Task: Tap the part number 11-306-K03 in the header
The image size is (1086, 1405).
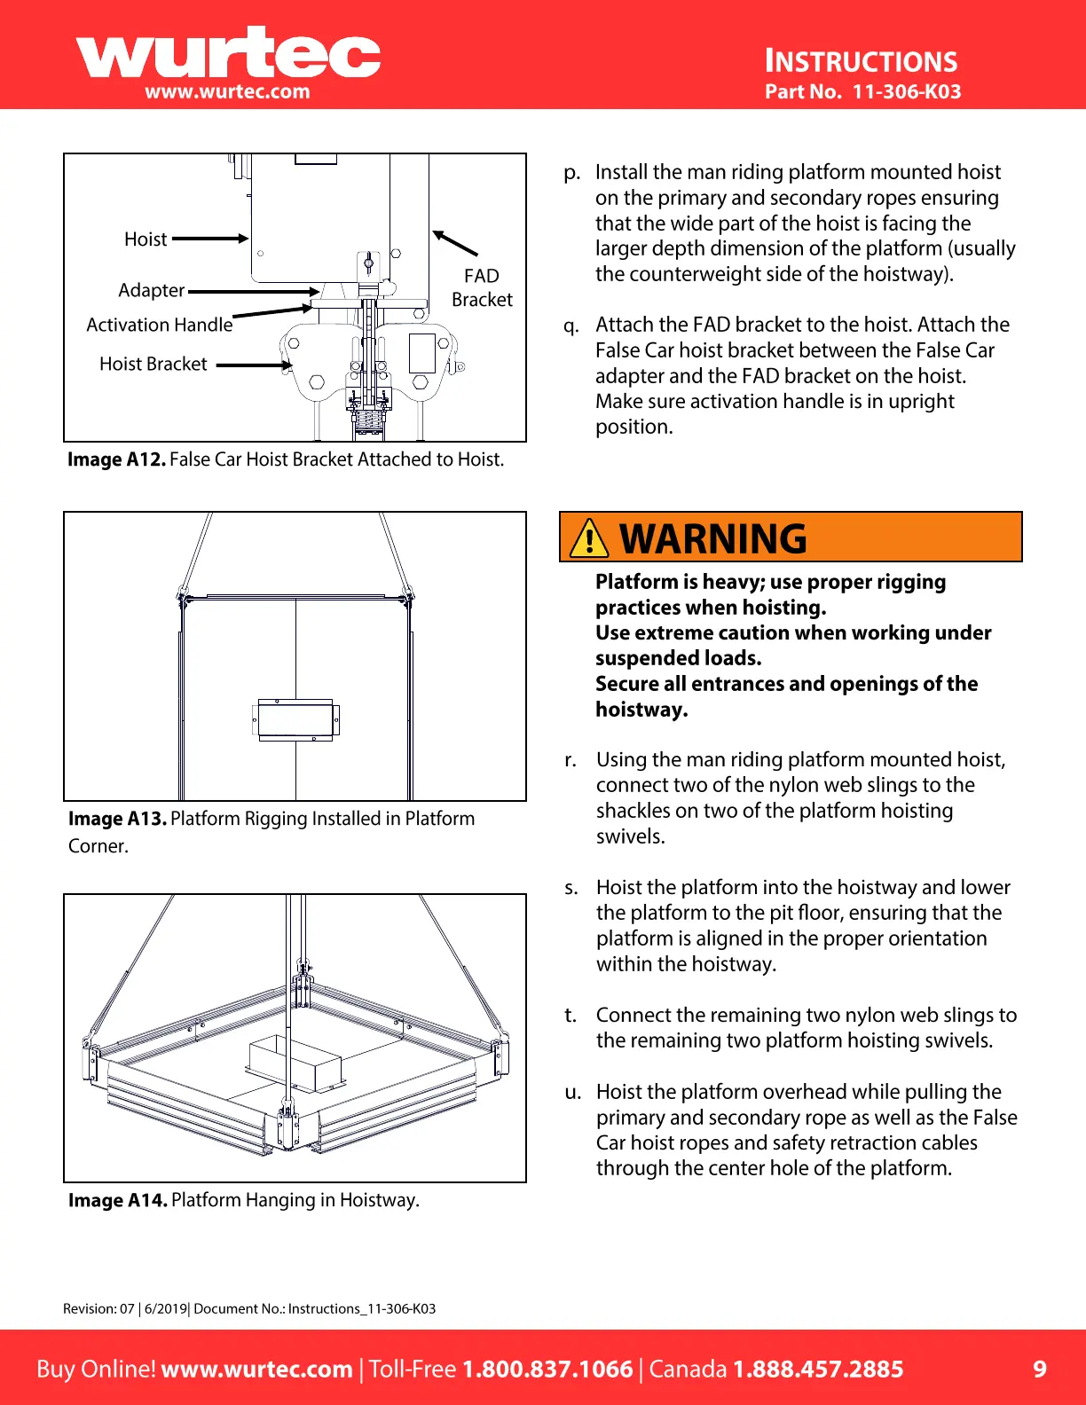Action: (906, 91)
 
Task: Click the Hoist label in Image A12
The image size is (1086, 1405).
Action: (146, 239)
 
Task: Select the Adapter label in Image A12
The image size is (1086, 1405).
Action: (152, 291)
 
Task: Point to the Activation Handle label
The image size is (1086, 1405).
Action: (160, 325)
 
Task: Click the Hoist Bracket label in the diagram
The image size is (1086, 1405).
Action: (153, 365)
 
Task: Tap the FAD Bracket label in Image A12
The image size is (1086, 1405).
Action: (482, 288)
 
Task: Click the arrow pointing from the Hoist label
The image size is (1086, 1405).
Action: (210, 239)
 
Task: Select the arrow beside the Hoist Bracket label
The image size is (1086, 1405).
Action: (254, 365)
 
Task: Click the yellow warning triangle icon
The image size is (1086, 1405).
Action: (589, 538)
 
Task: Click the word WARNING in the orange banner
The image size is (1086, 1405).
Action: (713, 538)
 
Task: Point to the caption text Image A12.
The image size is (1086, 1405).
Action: (116, 459)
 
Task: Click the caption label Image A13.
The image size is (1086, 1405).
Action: (117, 819)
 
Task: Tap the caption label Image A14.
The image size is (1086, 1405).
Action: (118, 1200)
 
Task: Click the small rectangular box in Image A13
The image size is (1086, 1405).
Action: (295, 718)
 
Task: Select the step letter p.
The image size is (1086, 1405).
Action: (572, 173)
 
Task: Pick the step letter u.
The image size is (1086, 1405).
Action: (573, 1093)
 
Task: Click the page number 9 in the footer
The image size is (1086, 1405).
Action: (1040, 1369)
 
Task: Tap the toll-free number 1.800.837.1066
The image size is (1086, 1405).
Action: (547, 1369)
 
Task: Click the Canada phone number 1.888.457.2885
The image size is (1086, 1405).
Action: (817, 1369)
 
